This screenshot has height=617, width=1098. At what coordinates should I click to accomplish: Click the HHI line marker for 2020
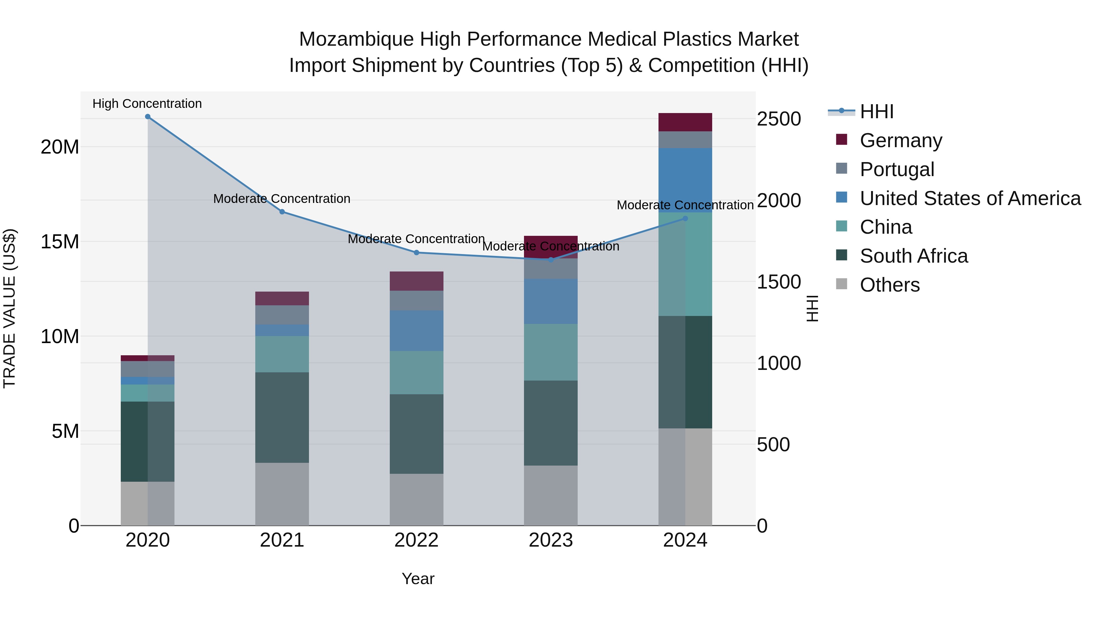[x=148, y=117]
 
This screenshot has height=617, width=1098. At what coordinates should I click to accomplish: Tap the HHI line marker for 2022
[x=416, y=253]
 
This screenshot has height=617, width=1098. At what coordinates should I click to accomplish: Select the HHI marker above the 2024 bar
[x=685, y=218]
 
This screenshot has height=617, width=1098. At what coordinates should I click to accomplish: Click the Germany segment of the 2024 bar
[x=685, y=122]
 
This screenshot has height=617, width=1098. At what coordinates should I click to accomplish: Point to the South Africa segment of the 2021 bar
[x=282, y=417]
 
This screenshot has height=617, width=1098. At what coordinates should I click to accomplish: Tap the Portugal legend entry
[x=896, y=169]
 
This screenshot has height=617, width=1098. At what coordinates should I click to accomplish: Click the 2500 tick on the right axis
[x=778, y=119]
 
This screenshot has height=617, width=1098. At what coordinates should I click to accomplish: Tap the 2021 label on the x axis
[x=282, y=540]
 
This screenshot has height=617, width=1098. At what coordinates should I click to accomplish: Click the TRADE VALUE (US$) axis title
[x=10, y=308]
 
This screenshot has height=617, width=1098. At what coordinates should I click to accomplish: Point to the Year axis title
[x=418, y=579]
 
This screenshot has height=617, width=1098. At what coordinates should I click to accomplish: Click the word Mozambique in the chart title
[x=356, y=39]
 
